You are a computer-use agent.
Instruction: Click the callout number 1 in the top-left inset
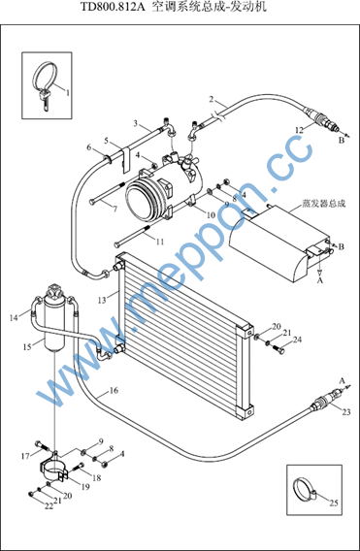click(x=68, y=92)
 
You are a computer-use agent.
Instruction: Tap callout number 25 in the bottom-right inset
click(x=334, y=502)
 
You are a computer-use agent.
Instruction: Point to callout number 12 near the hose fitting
click(x=299, y=130)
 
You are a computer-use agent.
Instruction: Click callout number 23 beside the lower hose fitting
click(x=346, y=411)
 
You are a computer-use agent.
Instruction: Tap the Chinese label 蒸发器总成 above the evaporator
click(x=324, y=204)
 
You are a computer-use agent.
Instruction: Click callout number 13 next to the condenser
click(x=102, y=300)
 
